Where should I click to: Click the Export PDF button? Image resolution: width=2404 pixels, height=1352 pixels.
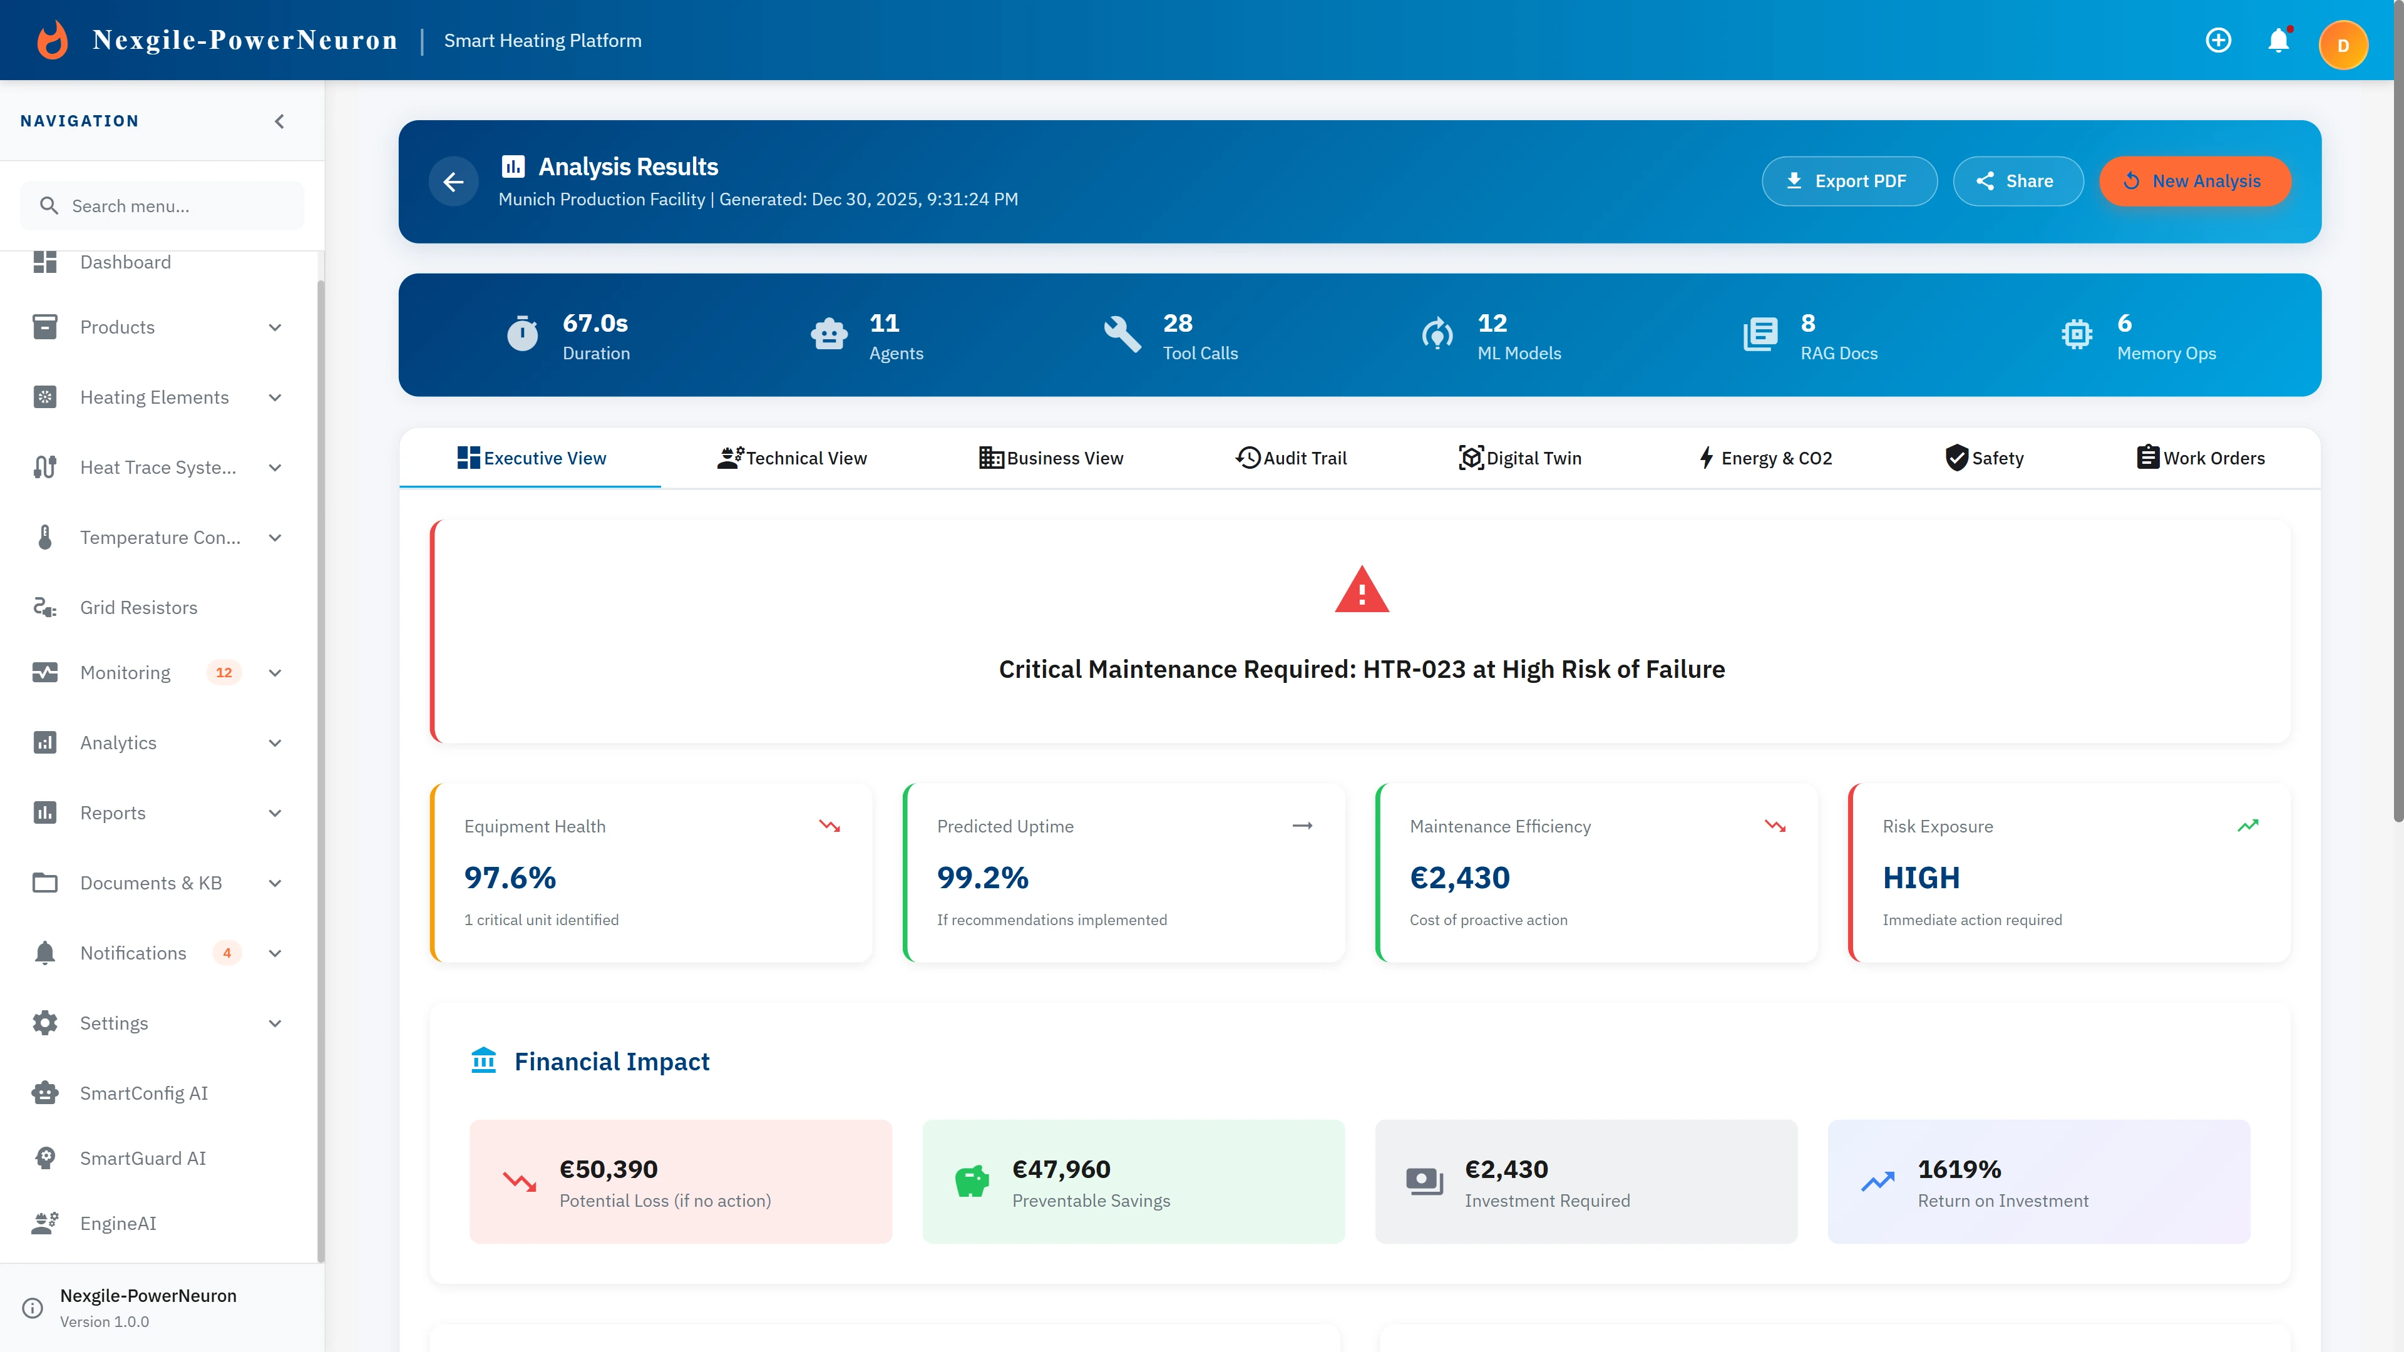coord(1849,181)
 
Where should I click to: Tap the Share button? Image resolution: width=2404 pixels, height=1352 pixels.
coord(2018,181)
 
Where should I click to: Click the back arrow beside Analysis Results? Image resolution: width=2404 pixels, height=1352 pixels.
coord(453,182)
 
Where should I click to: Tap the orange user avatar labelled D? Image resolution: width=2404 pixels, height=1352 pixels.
coord(2343,46)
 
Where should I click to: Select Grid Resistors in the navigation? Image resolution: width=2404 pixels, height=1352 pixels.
coord(138,607)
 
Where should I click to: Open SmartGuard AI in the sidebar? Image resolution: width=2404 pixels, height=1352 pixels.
coord(143,1158)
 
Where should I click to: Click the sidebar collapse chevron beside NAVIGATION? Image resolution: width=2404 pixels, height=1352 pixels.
coord(279,121)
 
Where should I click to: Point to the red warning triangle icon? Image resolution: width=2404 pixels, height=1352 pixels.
coord(1362,590)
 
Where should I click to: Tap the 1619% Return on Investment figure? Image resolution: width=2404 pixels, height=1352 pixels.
coord(1959,1169)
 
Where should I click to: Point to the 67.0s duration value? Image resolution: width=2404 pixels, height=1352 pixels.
coord(595,323)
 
